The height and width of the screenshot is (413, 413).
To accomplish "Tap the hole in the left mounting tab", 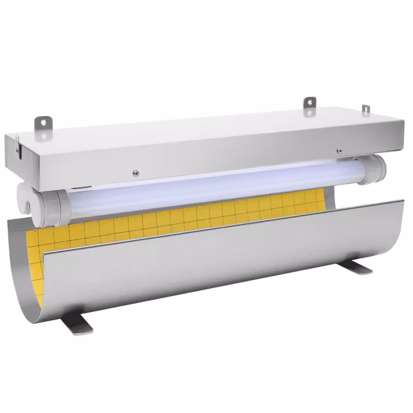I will tap(43, 122).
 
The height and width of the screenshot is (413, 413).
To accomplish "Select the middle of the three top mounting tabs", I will tap(309, 103).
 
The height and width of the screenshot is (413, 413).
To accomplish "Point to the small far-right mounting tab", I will tap(366, 110).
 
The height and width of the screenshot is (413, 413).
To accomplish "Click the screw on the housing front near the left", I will tap(136, 173).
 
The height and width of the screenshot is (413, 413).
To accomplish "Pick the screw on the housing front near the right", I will tap(339, 151).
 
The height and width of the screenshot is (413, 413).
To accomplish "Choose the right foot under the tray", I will tap(358, 267).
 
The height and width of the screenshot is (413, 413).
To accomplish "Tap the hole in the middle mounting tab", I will tap(309, 102).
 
